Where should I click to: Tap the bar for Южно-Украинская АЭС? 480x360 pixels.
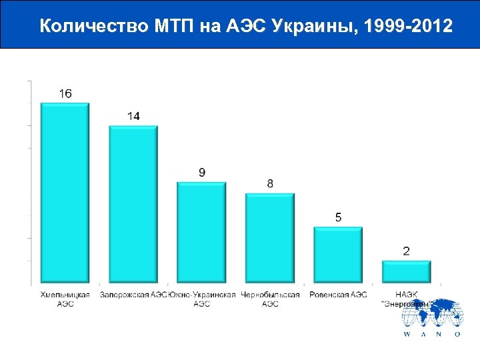[201, 231]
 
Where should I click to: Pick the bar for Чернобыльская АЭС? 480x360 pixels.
[270, 237]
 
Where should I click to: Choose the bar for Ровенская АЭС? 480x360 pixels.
[338, 254]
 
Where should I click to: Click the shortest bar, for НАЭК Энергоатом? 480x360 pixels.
[406, 271]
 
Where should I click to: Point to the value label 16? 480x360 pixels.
[65, 94]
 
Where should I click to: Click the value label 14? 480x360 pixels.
[133, 116]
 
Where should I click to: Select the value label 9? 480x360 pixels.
[202, 173]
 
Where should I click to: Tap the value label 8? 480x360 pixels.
[270, 183]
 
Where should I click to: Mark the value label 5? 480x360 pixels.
[339, 217]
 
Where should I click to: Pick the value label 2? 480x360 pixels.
[407, 251]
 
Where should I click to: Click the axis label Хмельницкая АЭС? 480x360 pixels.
[65, 299]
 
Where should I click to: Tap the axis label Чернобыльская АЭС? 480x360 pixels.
[270, 299]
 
